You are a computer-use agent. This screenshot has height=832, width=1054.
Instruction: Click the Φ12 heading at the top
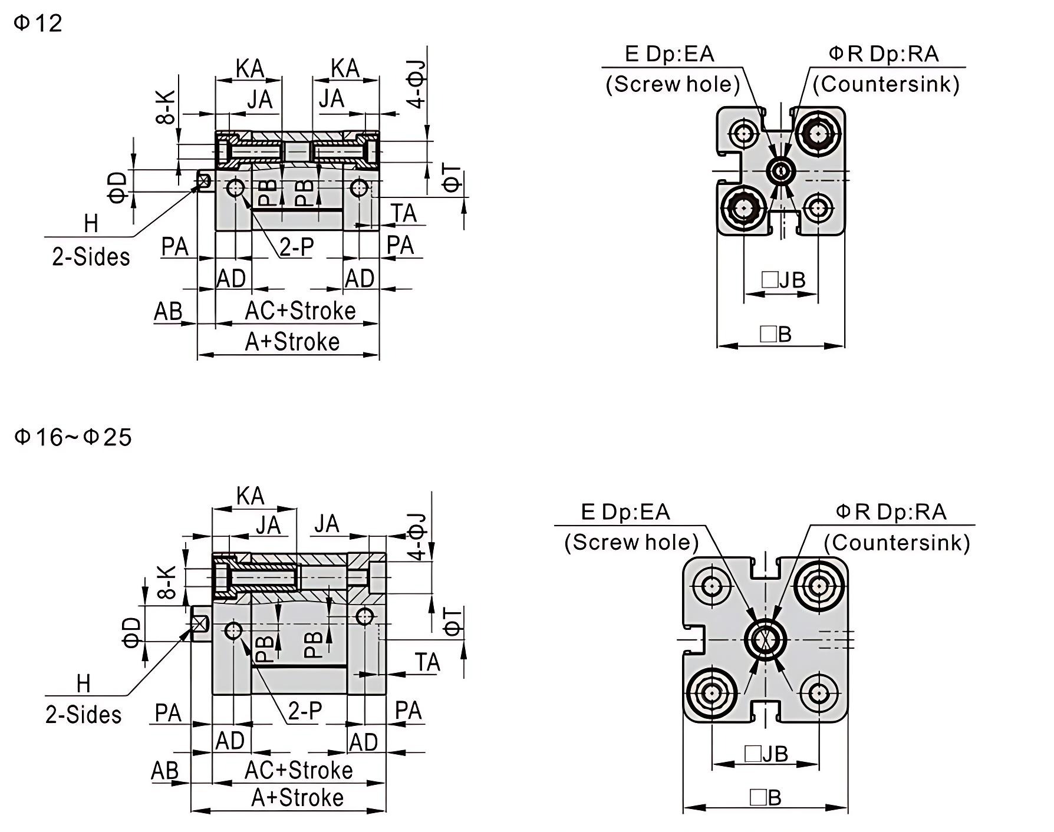click(x=38, y=23)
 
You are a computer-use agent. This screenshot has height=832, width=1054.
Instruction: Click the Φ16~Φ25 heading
click(x=73, y=437)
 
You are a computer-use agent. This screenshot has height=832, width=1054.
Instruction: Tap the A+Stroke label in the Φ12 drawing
click(x=292, y=342)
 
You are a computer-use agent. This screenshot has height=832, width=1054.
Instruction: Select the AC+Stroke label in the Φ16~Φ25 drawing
click(x=299, y=770)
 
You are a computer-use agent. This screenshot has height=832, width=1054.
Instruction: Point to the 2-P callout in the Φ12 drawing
click(x=297, y=247)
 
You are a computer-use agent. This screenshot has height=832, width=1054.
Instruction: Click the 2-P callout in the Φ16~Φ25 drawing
click(x=305, y=711)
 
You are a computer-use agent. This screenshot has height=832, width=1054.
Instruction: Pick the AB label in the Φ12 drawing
click(x=168, y=311)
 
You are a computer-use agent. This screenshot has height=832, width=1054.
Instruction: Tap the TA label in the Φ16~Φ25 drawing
click(x=427, y=662)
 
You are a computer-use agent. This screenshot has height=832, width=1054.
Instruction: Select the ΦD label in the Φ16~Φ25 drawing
click(x=133, y=632)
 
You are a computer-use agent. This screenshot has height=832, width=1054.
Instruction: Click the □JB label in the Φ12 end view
click(x=783, y=280)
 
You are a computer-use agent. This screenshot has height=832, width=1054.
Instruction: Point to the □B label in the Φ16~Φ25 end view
click(x=766, y=798)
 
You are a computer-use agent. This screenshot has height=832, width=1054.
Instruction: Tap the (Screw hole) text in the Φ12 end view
click(x=673, y=84)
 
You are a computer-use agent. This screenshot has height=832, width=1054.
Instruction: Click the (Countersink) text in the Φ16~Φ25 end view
click(x=897, y=542)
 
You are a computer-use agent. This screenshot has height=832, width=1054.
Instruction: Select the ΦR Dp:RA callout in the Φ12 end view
click(x=884, y=54)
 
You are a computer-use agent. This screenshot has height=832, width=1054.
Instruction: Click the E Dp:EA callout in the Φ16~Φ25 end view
click(x=625, y=511)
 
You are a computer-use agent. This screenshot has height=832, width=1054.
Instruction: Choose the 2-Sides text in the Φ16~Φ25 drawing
click(x=84, y=715)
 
